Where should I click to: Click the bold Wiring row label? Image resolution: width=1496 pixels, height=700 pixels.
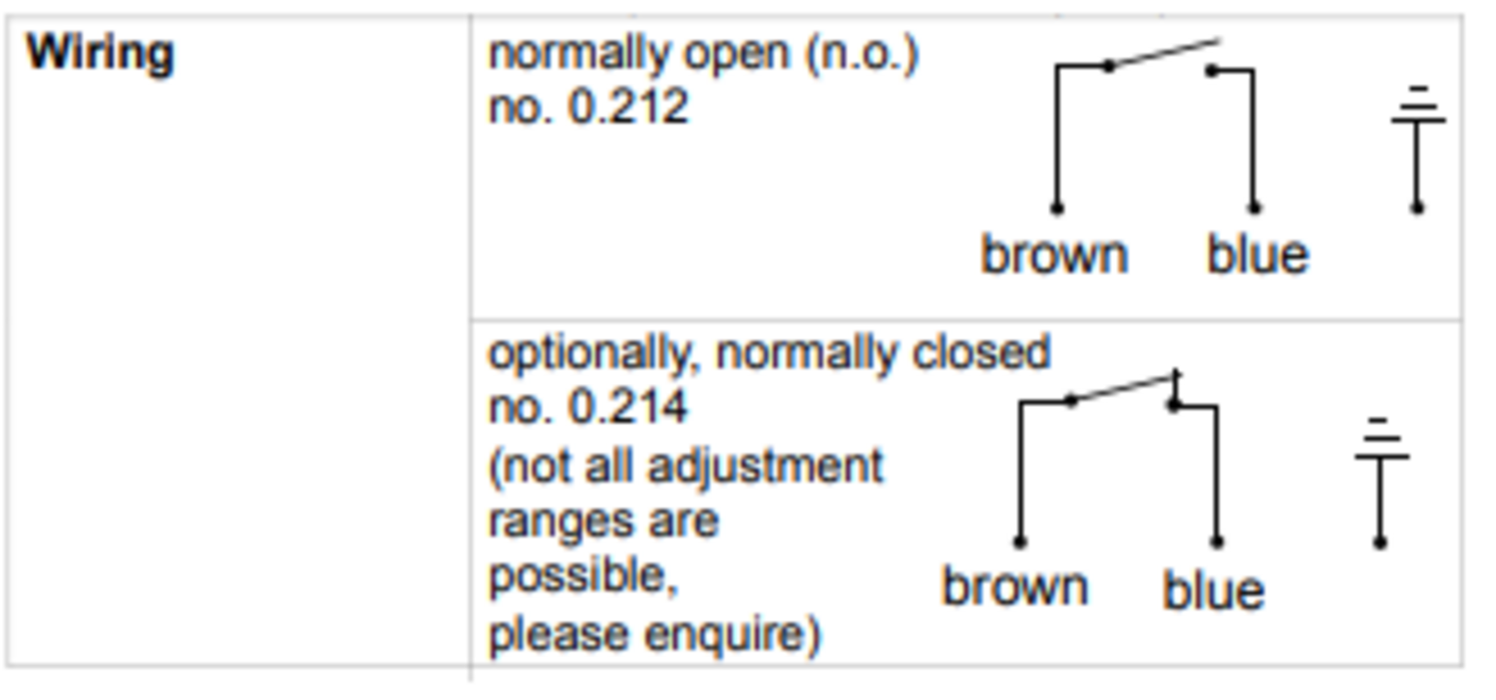tap(99, 52)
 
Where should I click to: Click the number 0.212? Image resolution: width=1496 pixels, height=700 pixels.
tap(627, 107)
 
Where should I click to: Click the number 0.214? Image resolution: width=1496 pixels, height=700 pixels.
tap(627, 407)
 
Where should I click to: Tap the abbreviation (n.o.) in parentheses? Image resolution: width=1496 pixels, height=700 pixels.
tap(861, 54)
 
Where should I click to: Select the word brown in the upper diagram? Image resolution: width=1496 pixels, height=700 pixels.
tap(1054, 254)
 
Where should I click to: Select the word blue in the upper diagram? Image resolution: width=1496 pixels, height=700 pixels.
tap(1257, 254)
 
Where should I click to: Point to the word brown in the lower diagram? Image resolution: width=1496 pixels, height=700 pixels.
tap(1014, 586)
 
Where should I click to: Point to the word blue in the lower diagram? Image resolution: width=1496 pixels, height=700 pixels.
tap(1213, 589)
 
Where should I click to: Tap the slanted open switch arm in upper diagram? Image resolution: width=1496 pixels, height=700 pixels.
tap(1163, 54)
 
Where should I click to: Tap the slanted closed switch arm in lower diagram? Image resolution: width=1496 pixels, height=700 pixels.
tap(1124, 388)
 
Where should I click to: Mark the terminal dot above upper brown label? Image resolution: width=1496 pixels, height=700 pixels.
tap(1056, 207)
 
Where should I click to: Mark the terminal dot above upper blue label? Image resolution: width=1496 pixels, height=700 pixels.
tap(1254, 207)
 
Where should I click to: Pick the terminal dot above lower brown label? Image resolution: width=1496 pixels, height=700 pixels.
tap(1019, 541)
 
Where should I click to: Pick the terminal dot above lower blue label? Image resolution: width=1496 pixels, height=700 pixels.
tap(1217, 541)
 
